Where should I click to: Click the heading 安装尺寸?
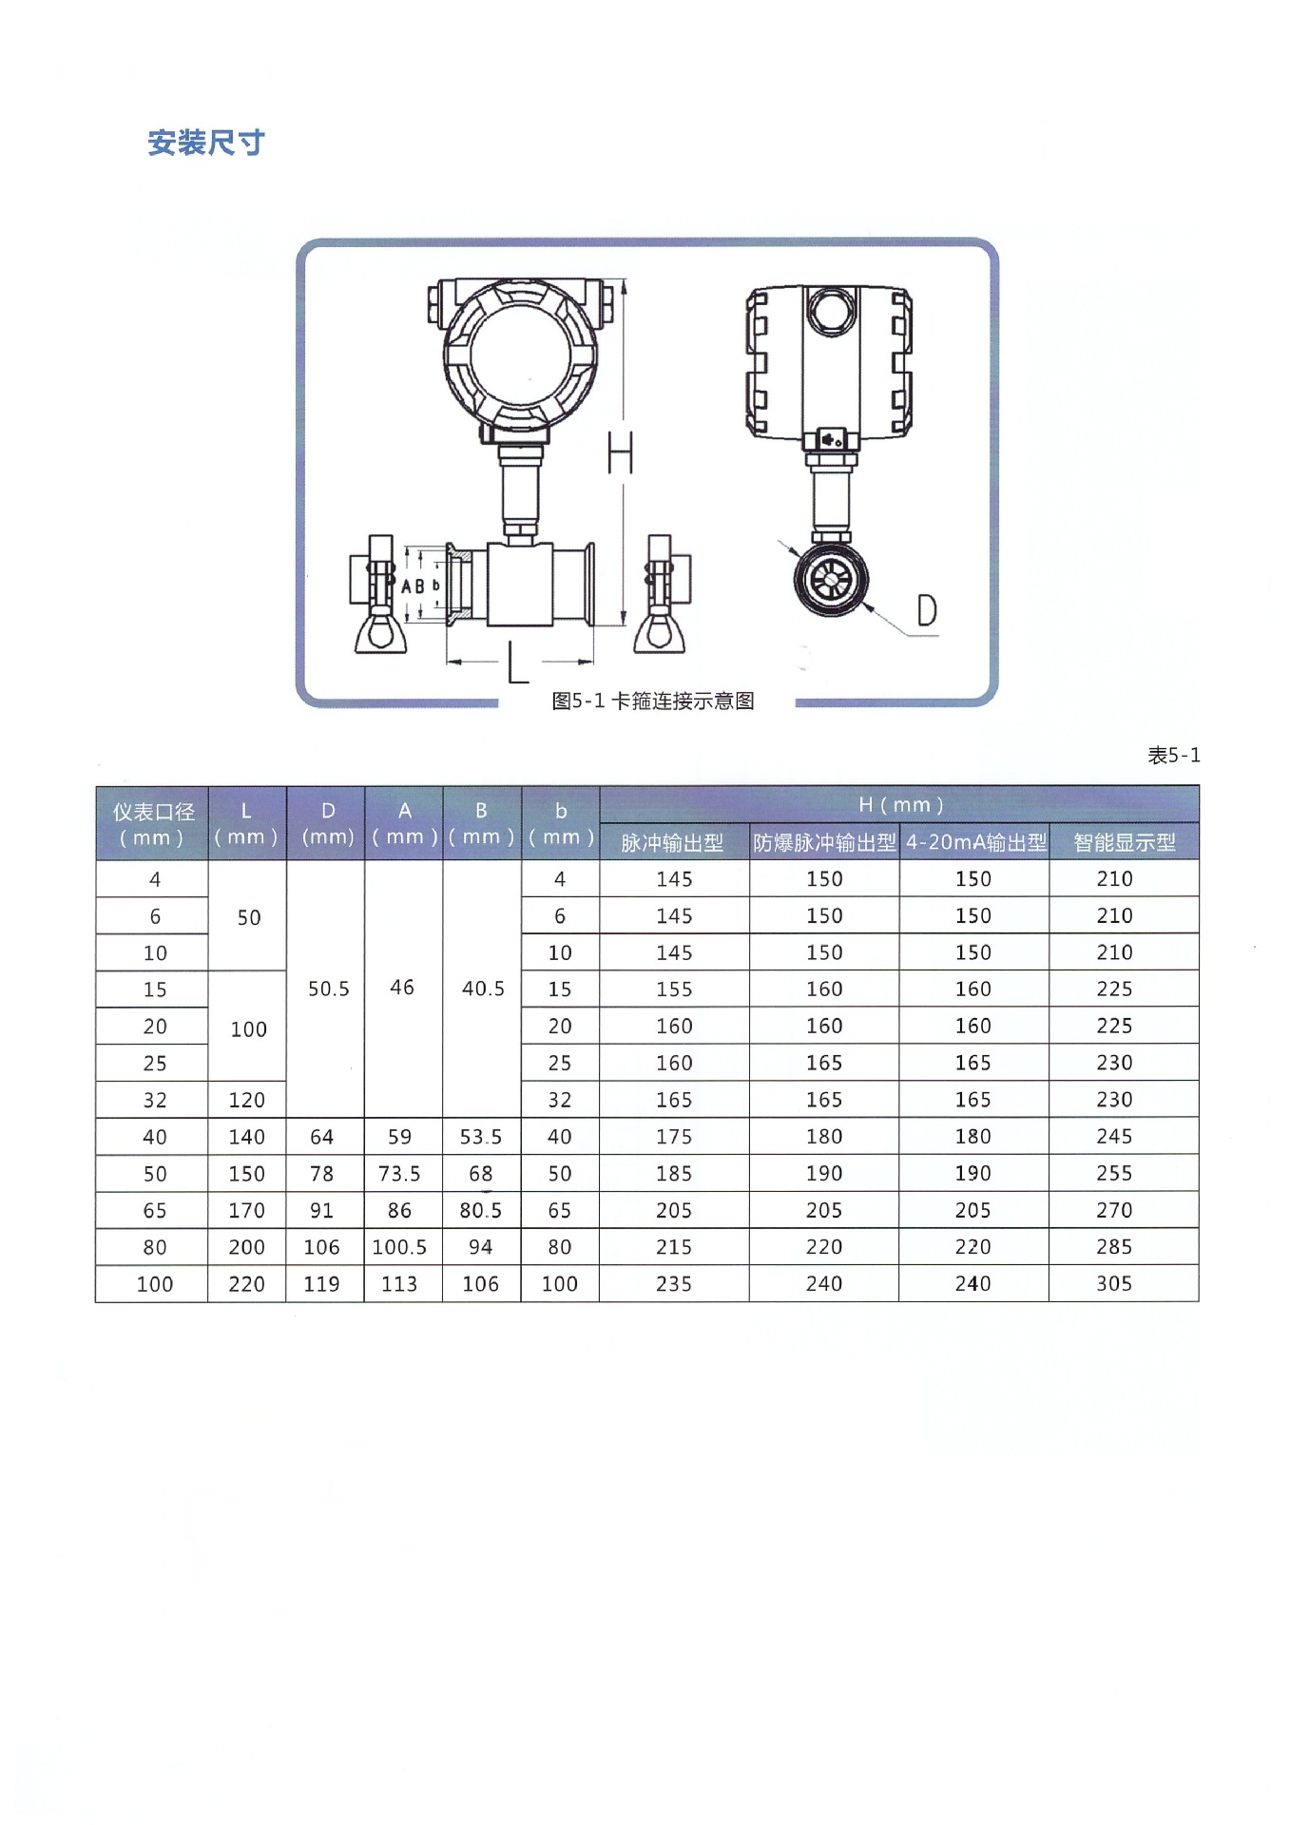point(205,143)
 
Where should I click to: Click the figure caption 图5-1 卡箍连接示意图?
point(652,701)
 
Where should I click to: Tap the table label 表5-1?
point(1173,755)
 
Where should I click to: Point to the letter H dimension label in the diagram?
point(620,452)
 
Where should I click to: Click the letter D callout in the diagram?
point(926,610)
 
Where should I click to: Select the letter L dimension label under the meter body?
point(516,663)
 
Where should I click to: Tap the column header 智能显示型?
point(1124,842)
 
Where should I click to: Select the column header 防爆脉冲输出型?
point(823,842)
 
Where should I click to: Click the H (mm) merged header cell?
point(899,804)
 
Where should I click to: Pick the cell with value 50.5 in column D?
point(328,989)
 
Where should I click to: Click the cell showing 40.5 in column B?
point(483,989)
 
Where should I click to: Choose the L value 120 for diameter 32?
point(247,1100)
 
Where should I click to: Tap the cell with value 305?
point(1113,1283)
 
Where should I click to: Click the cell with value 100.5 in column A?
point(399,1247)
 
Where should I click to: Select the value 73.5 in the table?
point(399,1173)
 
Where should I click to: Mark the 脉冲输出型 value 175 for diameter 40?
point(674,1136)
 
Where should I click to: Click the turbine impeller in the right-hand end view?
point(831,579)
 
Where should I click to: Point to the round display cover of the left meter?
point(519,356)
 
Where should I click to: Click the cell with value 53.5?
point(481,1136)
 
